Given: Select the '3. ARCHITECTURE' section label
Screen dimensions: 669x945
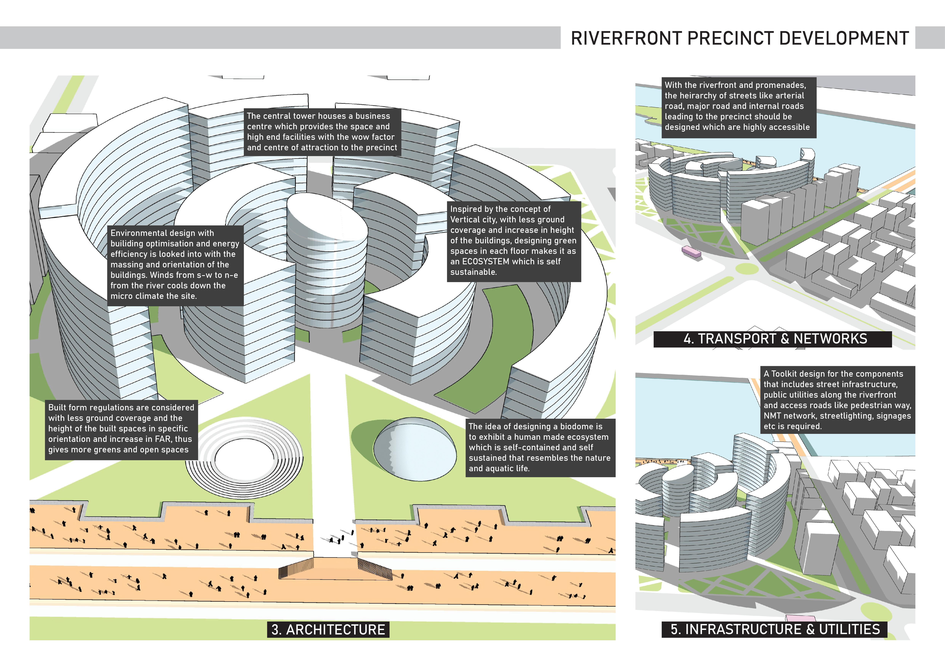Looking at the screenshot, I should [328, 630].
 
